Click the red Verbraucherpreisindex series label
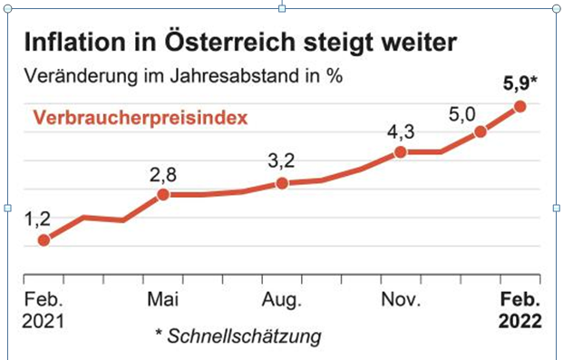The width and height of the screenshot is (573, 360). point(141,118)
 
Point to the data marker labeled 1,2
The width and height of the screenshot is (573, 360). point(44,240)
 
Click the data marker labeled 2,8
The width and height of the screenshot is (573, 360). point(163,194)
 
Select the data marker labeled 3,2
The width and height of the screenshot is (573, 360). point(282,183)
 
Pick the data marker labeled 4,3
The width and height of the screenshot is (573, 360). point(400,151)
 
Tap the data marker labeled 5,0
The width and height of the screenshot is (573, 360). point(481,131)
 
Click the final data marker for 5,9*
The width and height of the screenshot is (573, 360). point(520,106)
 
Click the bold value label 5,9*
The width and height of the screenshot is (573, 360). point(520,86)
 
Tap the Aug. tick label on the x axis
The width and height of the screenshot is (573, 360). point(282,300)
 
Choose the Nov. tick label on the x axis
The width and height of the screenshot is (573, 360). point(400,300)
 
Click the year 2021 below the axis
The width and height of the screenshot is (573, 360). point(44,322)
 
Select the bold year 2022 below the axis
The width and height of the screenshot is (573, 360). point(520,322)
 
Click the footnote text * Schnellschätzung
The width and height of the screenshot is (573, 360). point(238,337)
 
